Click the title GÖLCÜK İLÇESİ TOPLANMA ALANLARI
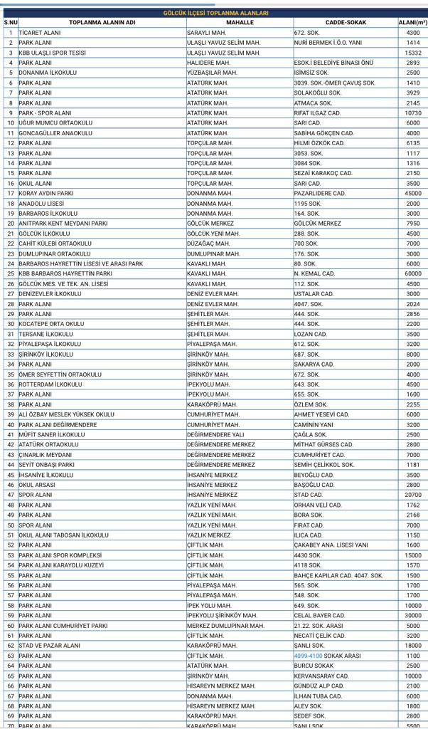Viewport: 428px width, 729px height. coord(215,14)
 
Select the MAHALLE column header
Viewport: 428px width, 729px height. coord(240,23)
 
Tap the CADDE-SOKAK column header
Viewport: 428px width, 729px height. coord(346,23)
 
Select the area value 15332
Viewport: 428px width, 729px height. coord(412,53)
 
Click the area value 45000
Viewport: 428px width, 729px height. coord(412,193)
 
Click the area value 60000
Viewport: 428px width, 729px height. coord(412,273)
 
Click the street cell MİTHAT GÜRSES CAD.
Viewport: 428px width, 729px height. coord(323,444)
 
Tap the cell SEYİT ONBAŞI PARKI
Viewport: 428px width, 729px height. coord(46,464)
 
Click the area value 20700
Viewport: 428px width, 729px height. coord(412,494)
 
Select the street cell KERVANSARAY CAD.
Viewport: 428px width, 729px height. coord(321,676)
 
